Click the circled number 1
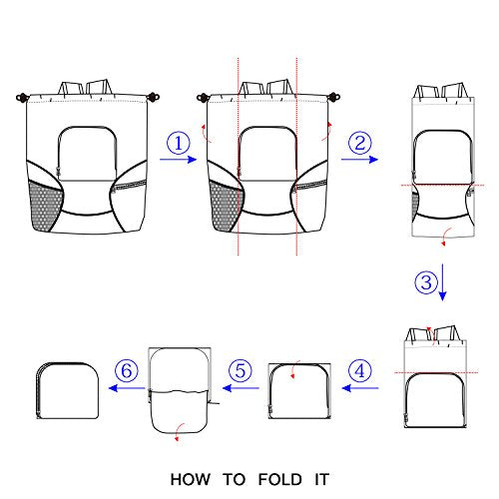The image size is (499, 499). (179, 144)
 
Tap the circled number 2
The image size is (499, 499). (360, 144)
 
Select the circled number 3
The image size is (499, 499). (426, 282)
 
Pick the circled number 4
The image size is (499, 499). (360, 370)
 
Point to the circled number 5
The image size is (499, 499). (241, 370)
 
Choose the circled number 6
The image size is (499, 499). (127, 370)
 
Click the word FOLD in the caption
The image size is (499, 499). (280, 480)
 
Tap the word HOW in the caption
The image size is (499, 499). (191, 480)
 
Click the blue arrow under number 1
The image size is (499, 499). (179, 160)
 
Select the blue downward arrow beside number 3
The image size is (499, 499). (442, 282)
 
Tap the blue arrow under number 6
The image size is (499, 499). (127, 388)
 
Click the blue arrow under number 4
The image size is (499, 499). (360, 388)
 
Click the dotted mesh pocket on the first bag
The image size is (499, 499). (45, 207)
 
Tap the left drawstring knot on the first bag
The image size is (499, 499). (22, 98)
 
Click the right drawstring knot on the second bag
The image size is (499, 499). (333, 97)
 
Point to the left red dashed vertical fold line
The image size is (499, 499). (239, 157)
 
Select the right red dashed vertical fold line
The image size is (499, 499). (296, 157)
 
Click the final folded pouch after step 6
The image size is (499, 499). (67, 390)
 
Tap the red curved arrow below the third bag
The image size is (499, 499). (446, 237)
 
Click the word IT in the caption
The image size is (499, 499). (322, 480)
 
